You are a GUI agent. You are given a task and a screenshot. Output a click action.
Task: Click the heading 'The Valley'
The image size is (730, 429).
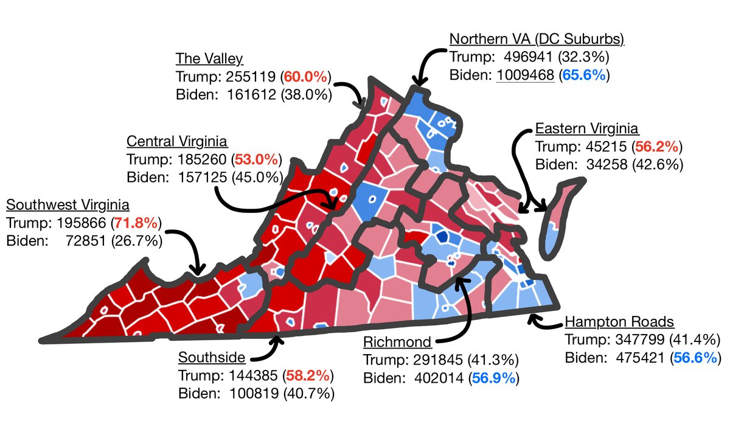[209, 59]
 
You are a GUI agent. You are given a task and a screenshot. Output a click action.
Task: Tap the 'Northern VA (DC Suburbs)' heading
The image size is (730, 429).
[537, 40]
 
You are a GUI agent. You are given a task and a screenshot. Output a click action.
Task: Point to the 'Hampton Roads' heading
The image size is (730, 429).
[619, 322]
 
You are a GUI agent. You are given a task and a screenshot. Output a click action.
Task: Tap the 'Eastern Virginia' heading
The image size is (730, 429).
[586, 128]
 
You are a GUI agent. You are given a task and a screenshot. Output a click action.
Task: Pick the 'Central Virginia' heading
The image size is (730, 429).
[177, 142]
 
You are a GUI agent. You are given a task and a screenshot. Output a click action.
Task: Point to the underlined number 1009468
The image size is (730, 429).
[526, 75]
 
